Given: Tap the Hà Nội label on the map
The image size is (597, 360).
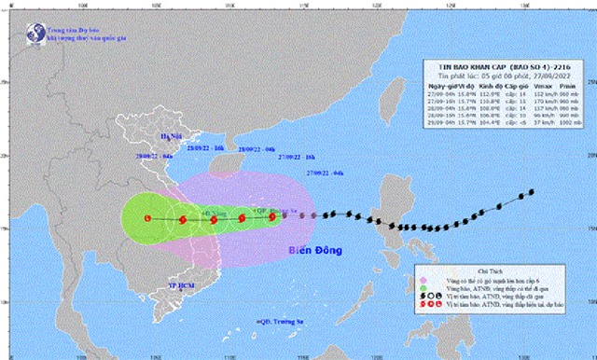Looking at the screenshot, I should pyautogui.click(x=167, y=134).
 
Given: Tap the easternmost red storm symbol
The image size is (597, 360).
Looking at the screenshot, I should pyautogui.click(x=272, y=217).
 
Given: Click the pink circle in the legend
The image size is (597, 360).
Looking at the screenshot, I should pyautogui.click(x=425, y=277).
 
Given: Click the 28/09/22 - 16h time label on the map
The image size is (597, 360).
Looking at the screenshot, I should pyautogui.click(x=206, y=148).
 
